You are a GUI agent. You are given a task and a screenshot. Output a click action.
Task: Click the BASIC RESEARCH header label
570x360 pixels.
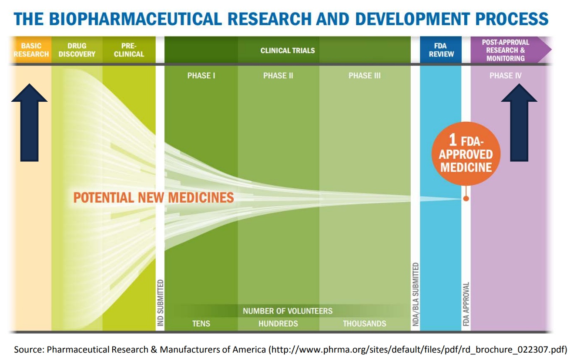(31, 50)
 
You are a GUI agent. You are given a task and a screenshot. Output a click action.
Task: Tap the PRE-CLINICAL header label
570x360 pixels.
(129, 50)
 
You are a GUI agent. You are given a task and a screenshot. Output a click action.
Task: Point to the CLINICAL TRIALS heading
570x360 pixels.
(288, 50)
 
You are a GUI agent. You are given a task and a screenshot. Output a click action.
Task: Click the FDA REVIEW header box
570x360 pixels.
(441, 50)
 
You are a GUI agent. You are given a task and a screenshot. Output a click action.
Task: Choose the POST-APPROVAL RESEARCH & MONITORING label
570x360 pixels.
(505, 50)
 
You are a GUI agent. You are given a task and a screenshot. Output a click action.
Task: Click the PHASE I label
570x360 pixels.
(201, 76)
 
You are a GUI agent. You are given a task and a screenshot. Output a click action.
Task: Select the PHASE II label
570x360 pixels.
(278, 76)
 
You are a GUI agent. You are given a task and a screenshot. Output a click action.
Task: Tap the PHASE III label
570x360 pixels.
(365, 76)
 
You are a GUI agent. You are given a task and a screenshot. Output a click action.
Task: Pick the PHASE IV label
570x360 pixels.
(505, 76)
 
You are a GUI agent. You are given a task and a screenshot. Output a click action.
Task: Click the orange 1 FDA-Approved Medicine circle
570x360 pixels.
(466, 155)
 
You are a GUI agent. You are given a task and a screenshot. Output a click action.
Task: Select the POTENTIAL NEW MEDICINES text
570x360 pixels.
(154, 198)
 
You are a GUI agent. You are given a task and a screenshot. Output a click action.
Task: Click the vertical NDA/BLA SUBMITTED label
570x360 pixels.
(416, 294)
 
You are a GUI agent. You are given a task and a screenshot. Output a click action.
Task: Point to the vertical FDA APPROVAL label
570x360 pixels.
(466, 304)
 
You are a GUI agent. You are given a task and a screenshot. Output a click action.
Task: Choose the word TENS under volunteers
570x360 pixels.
(201, 323)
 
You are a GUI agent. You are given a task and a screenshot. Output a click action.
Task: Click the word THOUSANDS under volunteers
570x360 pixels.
(365, 323)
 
